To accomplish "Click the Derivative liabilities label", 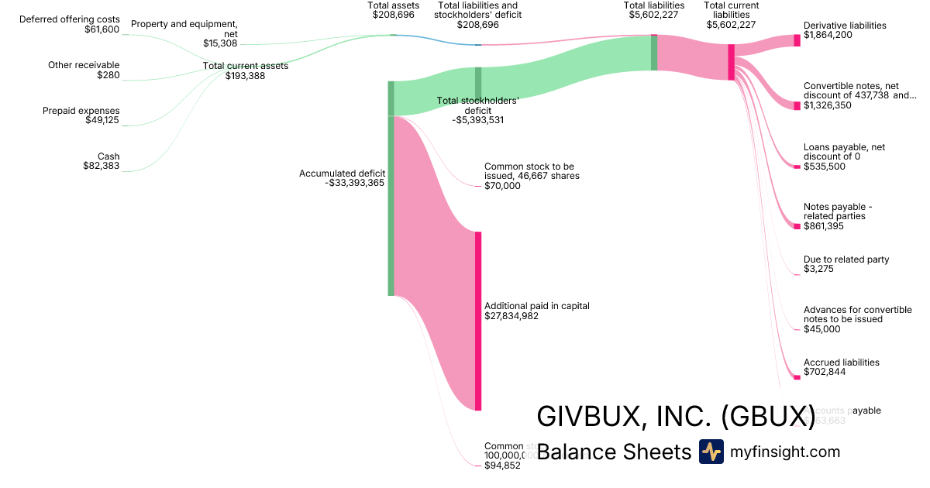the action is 845,26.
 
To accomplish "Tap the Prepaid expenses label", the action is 81,111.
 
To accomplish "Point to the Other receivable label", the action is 84,65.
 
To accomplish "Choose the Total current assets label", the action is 245,66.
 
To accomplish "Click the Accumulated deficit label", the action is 342,174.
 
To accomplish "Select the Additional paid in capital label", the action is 536,306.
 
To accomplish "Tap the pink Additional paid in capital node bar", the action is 478,321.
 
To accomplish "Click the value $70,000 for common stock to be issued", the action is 502,186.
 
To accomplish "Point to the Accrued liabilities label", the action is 842,363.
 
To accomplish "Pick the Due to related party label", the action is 846,259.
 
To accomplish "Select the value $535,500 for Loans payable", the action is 825,167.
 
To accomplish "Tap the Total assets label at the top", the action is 393,5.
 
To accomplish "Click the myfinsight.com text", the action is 785,452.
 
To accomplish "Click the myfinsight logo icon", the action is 711,452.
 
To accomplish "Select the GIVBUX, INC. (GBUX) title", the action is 675,416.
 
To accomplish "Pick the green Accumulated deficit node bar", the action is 391,188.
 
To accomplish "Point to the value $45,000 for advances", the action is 821,329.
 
